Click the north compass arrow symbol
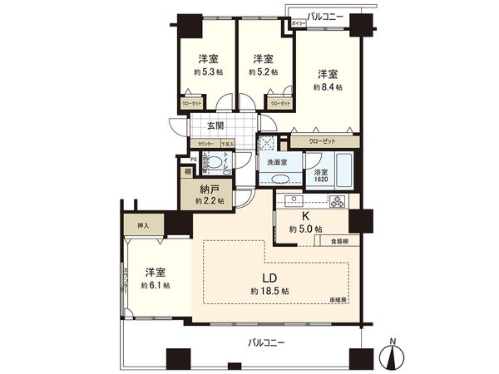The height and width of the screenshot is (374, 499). pos(391,357)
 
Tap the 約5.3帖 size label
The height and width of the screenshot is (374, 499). pos(208,72)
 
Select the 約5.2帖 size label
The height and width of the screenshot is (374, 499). pos(263,72)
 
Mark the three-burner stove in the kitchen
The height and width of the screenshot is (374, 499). pos(338,200)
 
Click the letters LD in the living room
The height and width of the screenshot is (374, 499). pos(269,278)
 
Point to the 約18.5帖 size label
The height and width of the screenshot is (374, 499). pos(269,292)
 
